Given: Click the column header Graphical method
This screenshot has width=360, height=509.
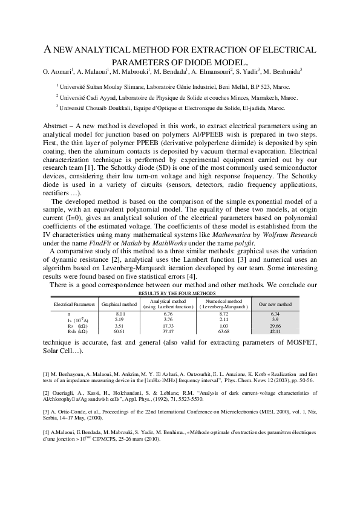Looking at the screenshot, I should tap(119, 303).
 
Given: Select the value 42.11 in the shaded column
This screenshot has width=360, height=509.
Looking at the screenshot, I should tap(275, 331).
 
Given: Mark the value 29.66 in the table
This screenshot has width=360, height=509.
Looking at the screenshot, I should tap(275, 325).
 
